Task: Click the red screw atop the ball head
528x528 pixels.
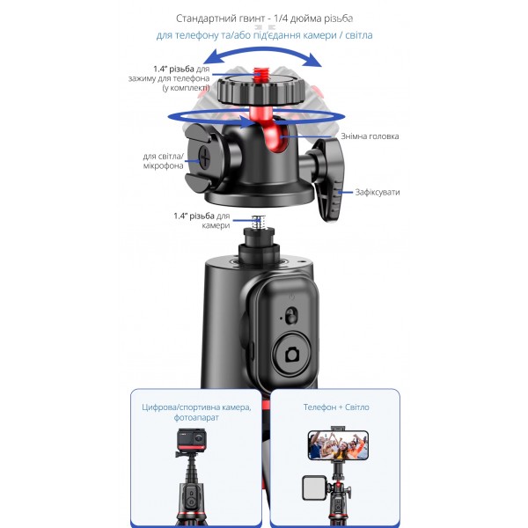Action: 259,74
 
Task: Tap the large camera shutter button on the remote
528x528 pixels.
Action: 292,354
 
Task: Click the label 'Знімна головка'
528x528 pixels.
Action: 370,136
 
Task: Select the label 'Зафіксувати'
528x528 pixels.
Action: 378,192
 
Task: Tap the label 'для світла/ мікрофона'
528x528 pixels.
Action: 164,161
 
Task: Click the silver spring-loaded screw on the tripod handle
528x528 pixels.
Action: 259,222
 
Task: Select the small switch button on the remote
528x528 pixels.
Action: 291,316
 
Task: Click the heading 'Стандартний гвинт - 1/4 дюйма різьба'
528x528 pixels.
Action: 264,18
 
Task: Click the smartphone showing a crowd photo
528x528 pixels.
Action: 338,444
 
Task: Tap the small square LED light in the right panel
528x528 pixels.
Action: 314,488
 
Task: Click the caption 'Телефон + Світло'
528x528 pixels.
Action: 336,407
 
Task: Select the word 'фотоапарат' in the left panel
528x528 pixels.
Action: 196,417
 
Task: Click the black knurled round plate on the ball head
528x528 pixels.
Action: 261,89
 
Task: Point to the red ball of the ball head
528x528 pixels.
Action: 274,133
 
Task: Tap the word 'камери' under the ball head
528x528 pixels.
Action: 216,225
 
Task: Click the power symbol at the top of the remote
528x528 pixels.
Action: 291,297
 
